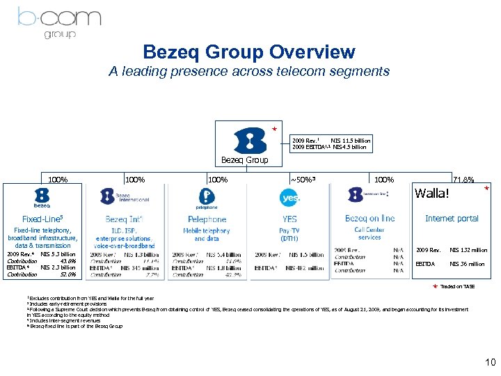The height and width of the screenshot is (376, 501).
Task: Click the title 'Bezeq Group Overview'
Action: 249,52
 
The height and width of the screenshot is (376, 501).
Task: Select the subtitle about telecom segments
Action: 249,71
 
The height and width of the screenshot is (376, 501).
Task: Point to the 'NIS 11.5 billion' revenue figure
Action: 350,141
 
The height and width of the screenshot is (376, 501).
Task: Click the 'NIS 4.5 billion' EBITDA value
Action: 349,148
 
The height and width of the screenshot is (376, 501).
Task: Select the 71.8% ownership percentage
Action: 463,180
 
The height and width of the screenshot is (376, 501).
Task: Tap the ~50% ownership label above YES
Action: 303,180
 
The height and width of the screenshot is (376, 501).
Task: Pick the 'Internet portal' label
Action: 452,218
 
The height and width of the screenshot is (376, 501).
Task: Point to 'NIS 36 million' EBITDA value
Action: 467,264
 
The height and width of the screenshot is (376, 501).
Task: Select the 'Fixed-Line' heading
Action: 42,218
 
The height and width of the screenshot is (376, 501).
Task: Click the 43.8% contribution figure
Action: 67,260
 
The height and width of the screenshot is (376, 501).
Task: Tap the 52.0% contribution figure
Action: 67,274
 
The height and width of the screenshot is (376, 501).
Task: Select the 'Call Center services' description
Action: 369,233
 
